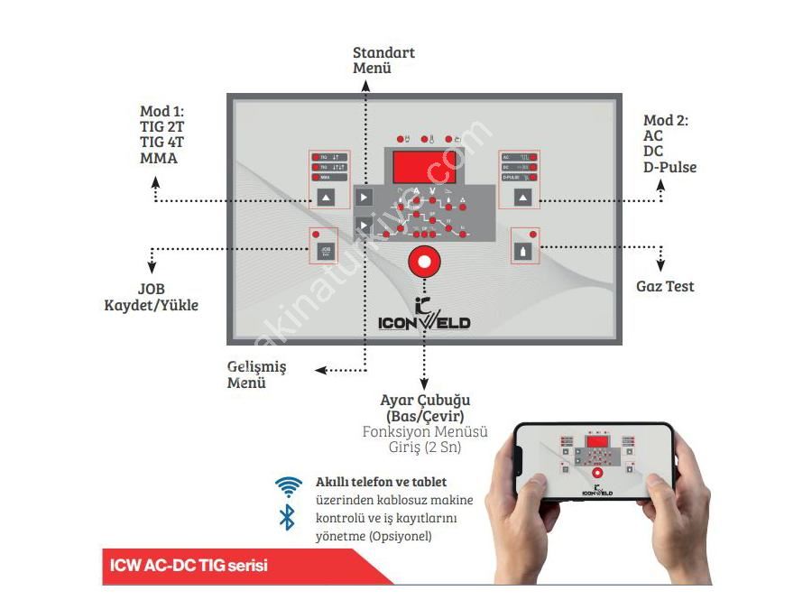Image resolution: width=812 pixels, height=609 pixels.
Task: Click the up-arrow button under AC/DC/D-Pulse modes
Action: pyautogui.click(x=522, y=197)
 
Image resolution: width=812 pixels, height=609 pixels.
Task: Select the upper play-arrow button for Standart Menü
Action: pyautogui.click(x=363, y=197)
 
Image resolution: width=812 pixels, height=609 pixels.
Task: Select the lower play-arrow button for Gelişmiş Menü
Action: pyautogui.click(x=363, y=225)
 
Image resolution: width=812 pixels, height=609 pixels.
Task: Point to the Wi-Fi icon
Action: pyautogui.click(x=288, y=487)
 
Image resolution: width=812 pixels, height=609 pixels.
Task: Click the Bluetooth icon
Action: pyautogui.click(x=288, y=517)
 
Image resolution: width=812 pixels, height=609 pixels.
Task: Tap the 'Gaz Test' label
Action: pyautogui.click(x=665, y=287)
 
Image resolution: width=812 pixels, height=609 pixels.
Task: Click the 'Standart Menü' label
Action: pyautogui.click(x=383, y=60)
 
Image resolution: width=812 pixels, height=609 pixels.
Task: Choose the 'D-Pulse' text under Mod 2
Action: pyautogui.click(x=669, y=167)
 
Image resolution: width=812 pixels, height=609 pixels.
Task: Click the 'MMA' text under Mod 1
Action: pyautogui.click(x=159, y=159)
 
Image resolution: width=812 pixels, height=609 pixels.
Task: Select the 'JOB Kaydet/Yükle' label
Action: pyautogui.click(x=152, y=297)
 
